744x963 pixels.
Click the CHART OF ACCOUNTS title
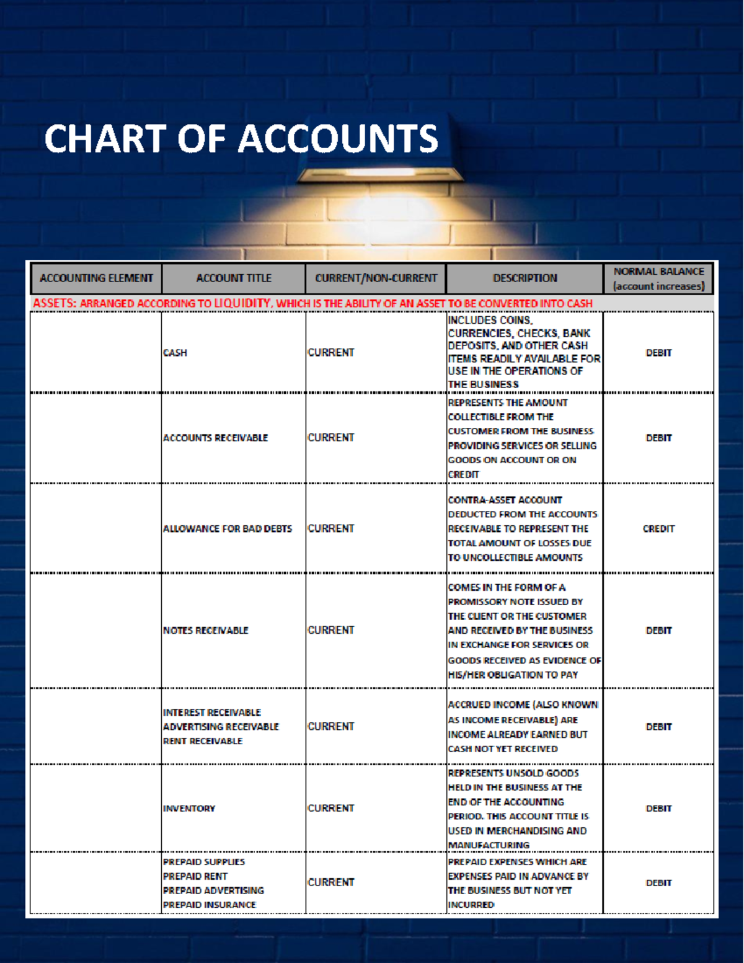(241, 138)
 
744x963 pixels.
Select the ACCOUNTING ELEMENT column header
(96, 278)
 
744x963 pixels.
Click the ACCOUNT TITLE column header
(234, 278)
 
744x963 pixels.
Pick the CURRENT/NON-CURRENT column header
(376, 278)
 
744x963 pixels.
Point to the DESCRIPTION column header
(525, 278)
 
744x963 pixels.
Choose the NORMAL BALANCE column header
(658, 278)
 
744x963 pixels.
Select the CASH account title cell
(175, 353)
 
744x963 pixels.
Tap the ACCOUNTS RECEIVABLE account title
(215, 438)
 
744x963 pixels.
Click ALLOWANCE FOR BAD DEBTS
(227, 529)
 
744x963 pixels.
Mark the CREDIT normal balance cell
(658, 529)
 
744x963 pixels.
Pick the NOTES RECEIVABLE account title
(205, 631)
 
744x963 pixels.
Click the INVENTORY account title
(189, 809)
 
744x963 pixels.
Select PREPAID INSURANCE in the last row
(209, 905)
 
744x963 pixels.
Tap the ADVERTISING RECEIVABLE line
(221, 727)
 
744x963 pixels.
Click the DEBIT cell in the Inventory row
(658, 809)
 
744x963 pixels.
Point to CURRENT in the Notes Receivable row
(331, 631)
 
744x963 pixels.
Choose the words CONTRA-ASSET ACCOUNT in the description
(505, 500)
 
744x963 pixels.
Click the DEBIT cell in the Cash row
(658, 353)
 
